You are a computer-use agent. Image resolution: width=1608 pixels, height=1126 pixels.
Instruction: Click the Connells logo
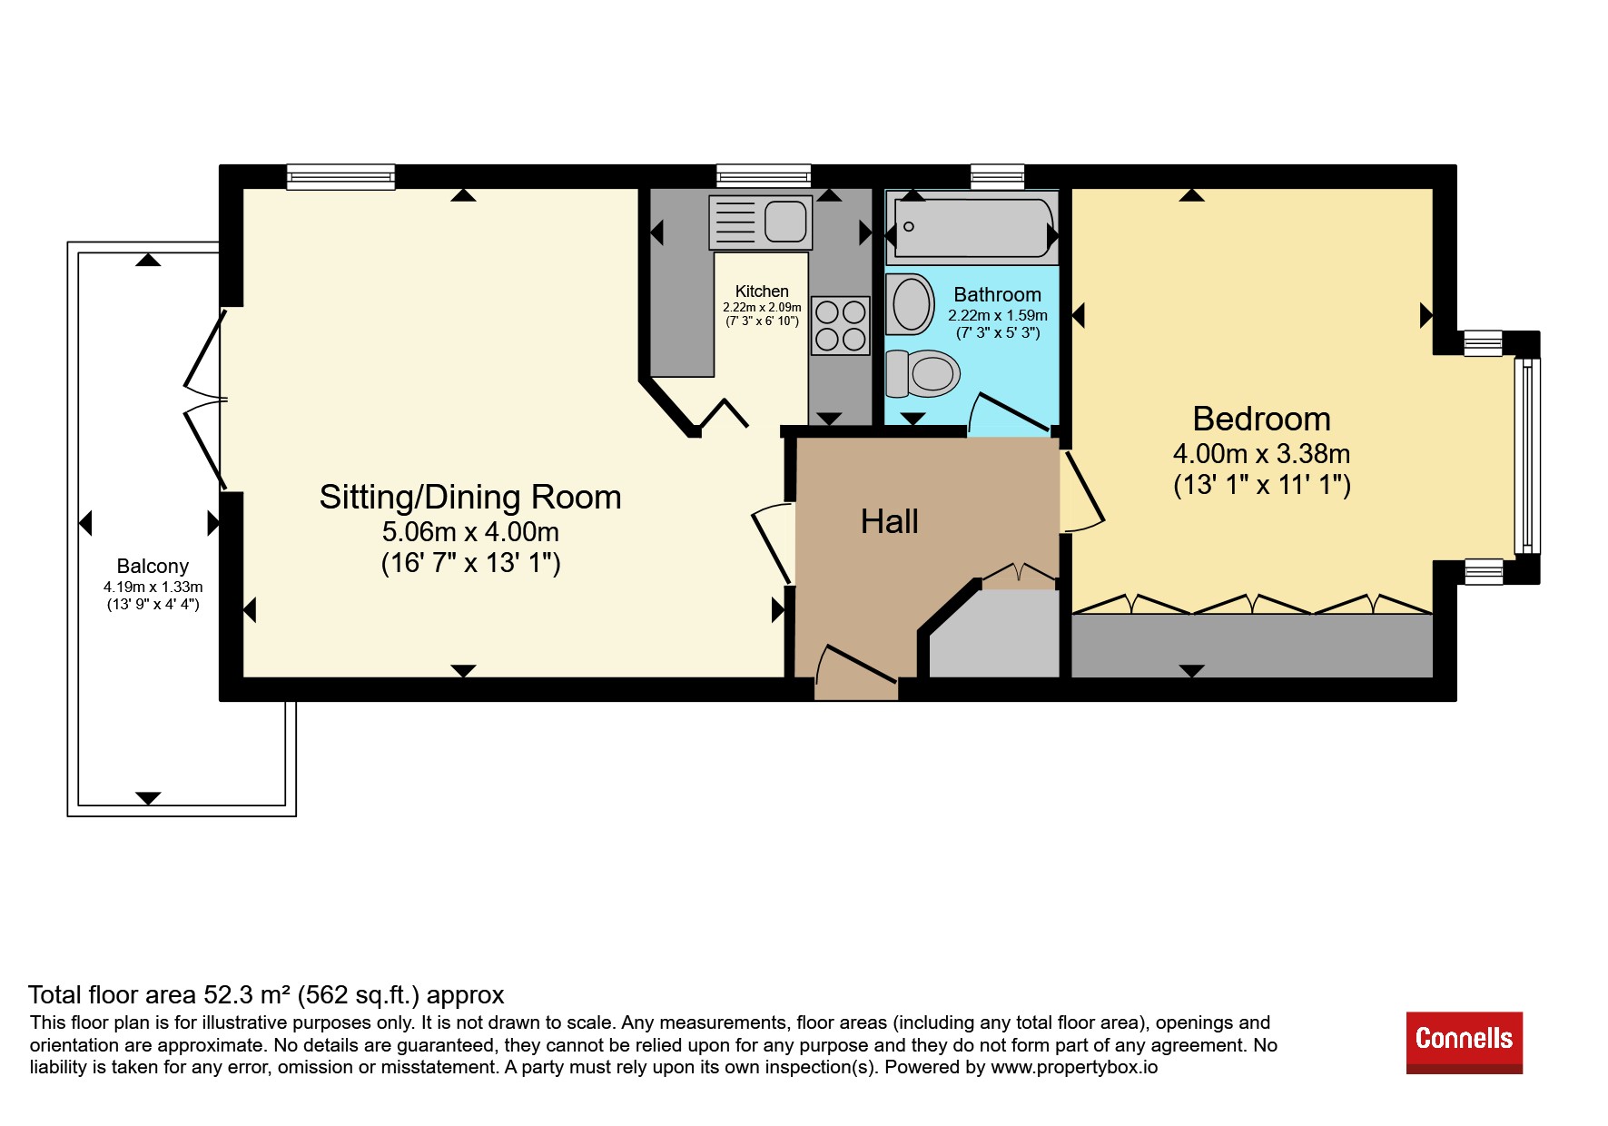1464,1042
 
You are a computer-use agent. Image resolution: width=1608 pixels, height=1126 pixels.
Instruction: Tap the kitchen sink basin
785,222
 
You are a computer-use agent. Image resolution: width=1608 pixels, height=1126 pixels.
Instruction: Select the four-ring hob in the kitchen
840,326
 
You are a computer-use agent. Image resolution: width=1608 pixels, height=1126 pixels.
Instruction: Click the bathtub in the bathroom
972,227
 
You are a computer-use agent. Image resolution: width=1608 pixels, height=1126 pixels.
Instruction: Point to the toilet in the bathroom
922,373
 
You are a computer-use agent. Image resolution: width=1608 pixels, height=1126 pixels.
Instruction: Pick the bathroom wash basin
911,304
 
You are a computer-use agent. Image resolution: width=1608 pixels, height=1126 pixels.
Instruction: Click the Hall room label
890,521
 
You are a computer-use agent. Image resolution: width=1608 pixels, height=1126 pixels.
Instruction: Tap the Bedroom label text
1261,419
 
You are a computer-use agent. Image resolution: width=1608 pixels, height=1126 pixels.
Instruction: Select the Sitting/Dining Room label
470,497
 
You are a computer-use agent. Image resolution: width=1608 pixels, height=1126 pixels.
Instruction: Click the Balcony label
153,566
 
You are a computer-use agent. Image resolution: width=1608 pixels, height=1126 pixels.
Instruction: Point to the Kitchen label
762,291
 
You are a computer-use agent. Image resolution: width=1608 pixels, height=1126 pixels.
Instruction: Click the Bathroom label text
997,294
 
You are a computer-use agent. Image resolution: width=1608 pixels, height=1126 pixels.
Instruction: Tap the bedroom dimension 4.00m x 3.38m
1261,453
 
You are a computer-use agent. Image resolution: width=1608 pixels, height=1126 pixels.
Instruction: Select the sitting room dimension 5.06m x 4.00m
470,531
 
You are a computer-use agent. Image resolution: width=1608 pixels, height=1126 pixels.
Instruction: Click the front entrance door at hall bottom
856,673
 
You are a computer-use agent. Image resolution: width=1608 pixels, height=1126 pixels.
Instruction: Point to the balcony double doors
205,400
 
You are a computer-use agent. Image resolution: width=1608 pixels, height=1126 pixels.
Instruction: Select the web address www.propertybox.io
1074,1067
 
